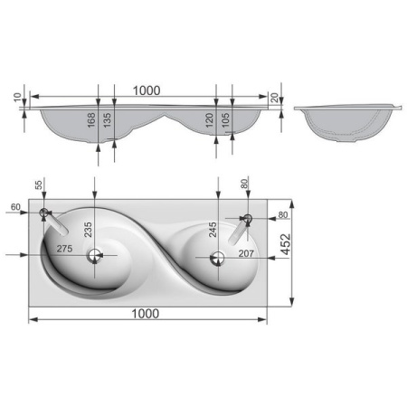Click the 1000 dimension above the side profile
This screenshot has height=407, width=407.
tap(147, 90)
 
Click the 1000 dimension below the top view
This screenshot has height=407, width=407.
tap(146, 314)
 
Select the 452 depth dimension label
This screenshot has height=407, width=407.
tap(286, 244)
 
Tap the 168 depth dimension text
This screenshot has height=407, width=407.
tap(91, 119)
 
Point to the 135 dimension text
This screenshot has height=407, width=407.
tap(107, 119)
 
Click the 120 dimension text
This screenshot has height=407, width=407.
tap(209, 120)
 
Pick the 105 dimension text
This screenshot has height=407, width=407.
tap(225, 120)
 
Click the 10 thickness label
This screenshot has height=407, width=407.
tap(18, 98)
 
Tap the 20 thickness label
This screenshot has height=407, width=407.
tap(275, 98)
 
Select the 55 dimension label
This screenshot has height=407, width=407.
tap(39, 185)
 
